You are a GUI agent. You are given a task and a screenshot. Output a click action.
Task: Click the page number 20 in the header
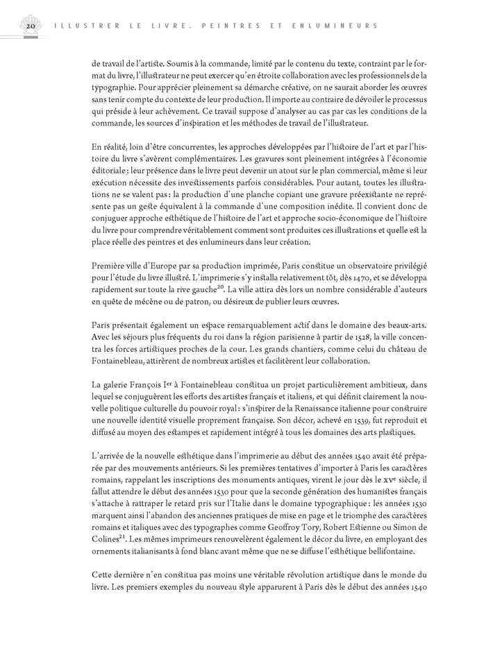tap(31, 26)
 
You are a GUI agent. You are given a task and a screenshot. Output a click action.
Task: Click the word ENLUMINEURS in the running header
tap(338, 26)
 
